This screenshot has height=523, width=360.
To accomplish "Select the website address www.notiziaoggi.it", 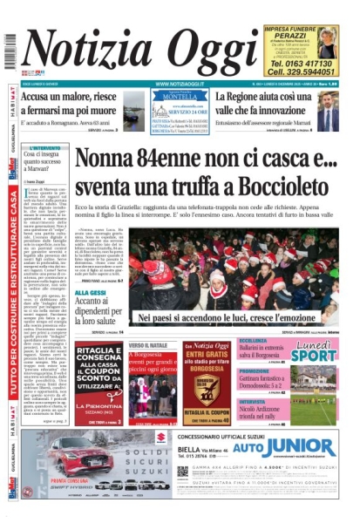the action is [x=180, y=84].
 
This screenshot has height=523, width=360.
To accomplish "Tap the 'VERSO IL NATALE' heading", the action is [x=147, y=345].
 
